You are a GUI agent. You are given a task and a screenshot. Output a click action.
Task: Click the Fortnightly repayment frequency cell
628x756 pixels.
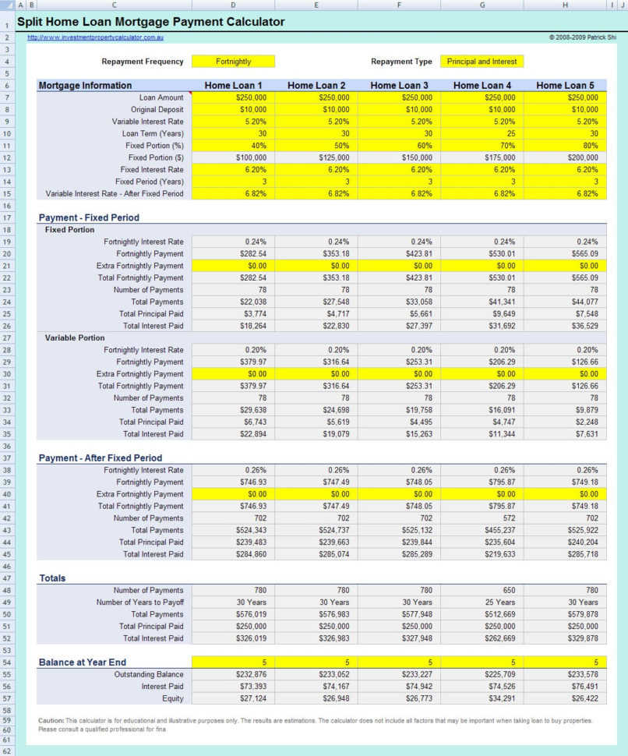pos(233,62)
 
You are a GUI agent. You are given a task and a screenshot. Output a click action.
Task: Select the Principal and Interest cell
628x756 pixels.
pos(481,62)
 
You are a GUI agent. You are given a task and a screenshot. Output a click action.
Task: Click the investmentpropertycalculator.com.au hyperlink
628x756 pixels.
pos(95,37)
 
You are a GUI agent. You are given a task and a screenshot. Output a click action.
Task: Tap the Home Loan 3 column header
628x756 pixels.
pos(399,86)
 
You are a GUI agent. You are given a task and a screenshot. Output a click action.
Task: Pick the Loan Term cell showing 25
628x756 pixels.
pos(482,133)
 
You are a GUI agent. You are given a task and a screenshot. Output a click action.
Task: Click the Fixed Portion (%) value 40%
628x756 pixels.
pos(233,146)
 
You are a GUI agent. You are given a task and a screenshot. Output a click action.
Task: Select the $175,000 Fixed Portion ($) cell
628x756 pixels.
pos(482,157)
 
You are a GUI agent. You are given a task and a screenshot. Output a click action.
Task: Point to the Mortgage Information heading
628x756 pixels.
pos(86,86)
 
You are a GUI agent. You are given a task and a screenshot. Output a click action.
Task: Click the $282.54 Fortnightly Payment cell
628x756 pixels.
pos(233,253)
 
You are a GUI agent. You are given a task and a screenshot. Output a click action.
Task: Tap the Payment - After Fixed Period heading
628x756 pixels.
pos(101,458)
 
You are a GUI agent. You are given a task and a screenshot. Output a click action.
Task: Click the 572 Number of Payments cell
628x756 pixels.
pos(482,518)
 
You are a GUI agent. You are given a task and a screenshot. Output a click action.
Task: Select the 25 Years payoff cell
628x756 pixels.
pos(482,602)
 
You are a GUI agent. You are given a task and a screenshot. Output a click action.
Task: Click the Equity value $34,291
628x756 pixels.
pos(482,698)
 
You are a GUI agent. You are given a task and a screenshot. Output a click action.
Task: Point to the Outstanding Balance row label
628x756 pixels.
pos(148,674)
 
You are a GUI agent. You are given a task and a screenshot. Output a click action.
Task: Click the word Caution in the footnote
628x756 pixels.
pos(50,721)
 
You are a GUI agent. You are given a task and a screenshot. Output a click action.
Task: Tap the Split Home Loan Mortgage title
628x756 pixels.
pos(151,22)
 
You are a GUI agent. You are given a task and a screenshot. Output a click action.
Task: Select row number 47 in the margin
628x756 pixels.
pos(6,578)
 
